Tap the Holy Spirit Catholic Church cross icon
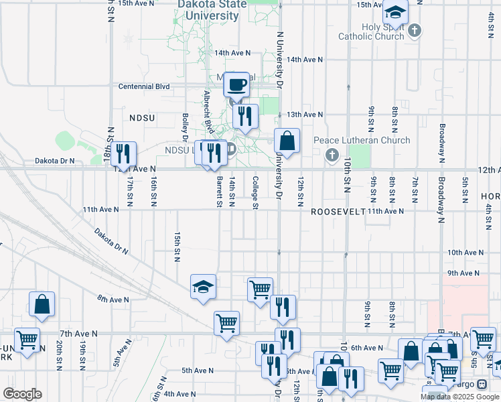(415, 29)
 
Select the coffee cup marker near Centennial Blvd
(236, 84)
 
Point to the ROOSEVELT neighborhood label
(338, 211)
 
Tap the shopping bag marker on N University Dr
(287, 141)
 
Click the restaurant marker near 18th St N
(123, 153)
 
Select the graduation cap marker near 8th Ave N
(203, 287)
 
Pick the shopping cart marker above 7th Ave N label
(227, 323)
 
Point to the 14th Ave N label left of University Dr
(232, 52)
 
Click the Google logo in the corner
(22, 394)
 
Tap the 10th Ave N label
(466, 252)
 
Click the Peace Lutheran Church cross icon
(332, 155)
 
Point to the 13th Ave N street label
(305, 115)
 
